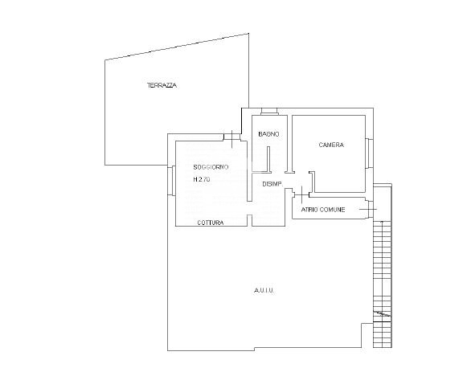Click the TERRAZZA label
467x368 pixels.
tap(162, 85)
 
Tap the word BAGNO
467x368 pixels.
tap(268, 134)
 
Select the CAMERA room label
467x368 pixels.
tap(331, 145)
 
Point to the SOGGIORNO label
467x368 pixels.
tap(211, 167)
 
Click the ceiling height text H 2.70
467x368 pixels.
tap(202, 179)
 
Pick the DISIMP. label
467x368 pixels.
tap(272, 184)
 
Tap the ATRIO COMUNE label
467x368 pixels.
tap(323, 210)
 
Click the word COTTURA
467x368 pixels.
tap(211, 223)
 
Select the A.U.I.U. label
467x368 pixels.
tap(264, 291)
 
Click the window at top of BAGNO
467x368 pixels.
tap(269, 112)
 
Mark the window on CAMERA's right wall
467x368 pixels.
tap(369, 153)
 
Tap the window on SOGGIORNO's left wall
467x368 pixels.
tap(171, 181)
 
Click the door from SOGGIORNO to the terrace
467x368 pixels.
tap(232, 137)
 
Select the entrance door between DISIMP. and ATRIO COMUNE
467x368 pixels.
tap(301, 194)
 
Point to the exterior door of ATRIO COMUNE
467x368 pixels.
tap(369, 209)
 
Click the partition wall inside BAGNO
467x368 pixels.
tap(268, 159)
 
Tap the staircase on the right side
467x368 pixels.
tap(383, 266)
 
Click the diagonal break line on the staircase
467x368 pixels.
tap(383, 313)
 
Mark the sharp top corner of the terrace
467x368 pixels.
tap(248, 34)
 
